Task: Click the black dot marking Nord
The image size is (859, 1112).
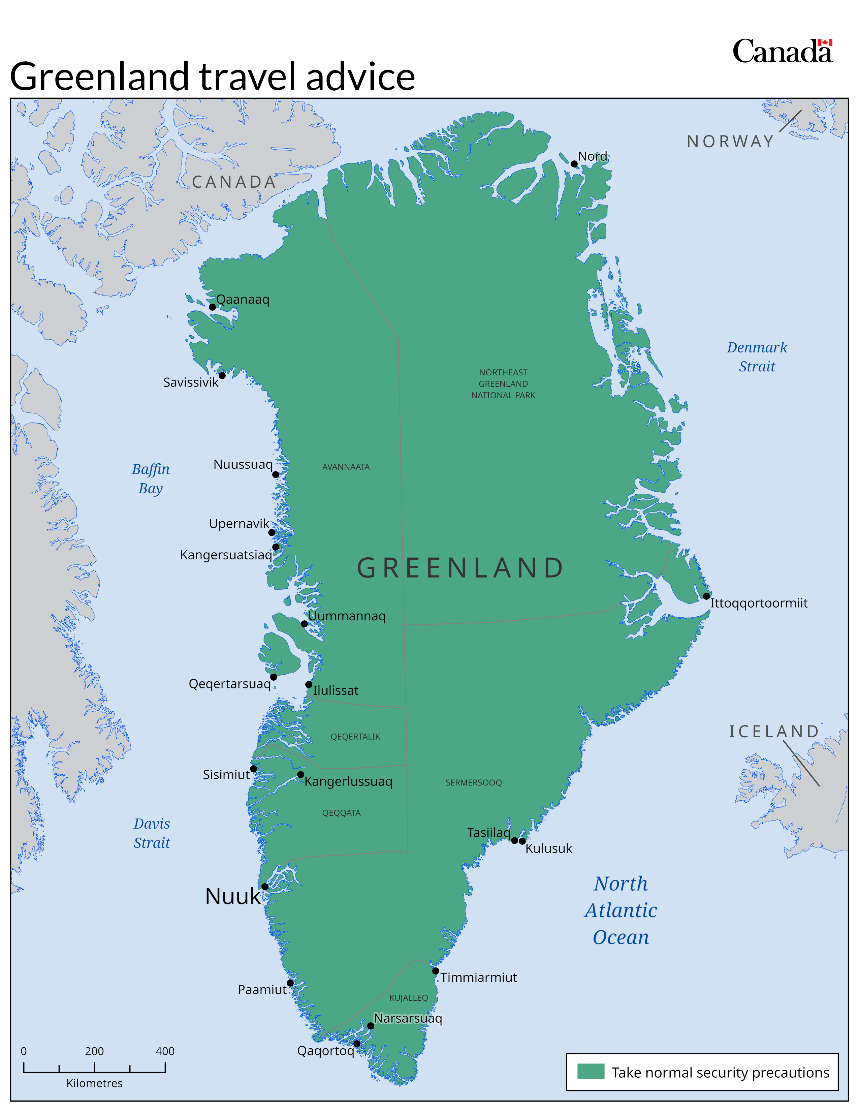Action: click(574, 164)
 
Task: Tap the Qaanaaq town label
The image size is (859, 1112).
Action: click(243, 299)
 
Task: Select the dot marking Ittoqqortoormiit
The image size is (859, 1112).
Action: click(706, 596)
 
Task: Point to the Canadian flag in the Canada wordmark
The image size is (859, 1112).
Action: click(825, 43)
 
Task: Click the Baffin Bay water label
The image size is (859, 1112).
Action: click(151, 478)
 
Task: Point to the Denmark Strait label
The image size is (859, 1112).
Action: click(757, 357)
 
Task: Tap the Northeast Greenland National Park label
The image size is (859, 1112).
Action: click(503, 384)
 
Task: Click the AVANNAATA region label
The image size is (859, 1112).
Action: click(346, 467)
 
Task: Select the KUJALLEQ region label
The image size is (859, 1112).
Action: click(409, 998)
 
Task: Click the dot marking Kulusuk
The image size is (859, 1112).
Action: click(522, 841)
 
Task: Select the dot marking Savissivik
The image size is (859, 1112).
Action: click(222, 376)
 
